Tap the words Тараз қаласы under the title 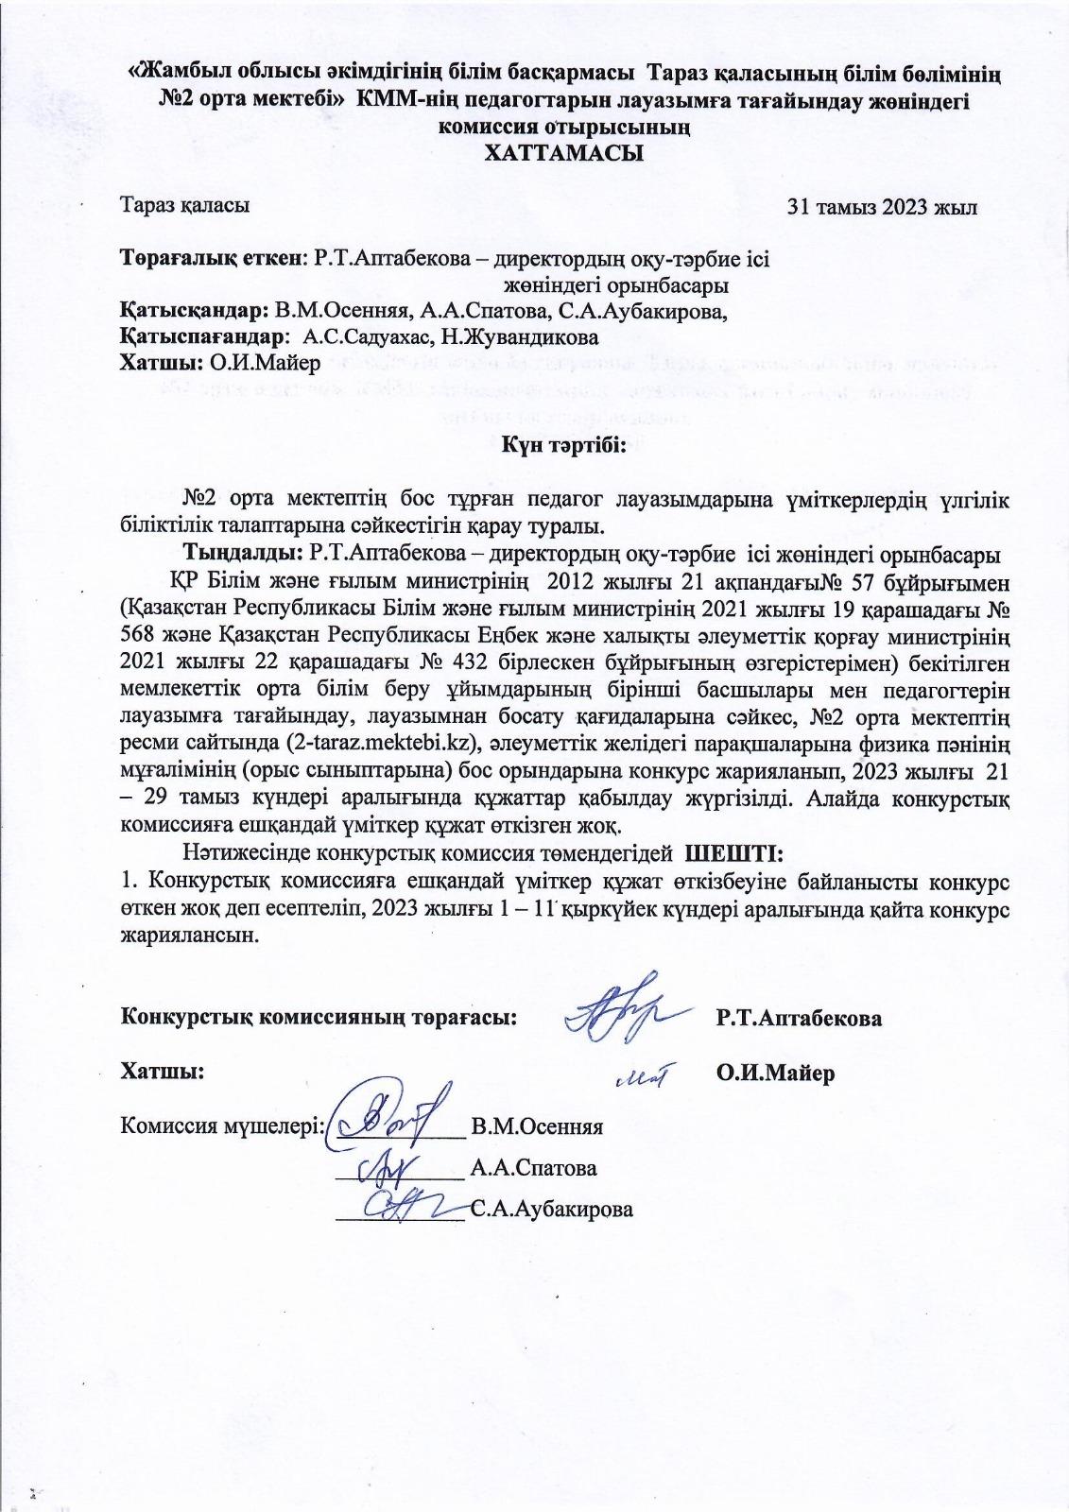tap(185, 205)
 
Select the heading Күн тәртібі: tap(564, 445)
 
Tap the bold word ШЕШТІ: tap(733, 854)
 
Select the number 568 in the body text tap(139, 632)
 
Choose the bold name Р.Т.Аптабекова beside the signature tap(799, 1019)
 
